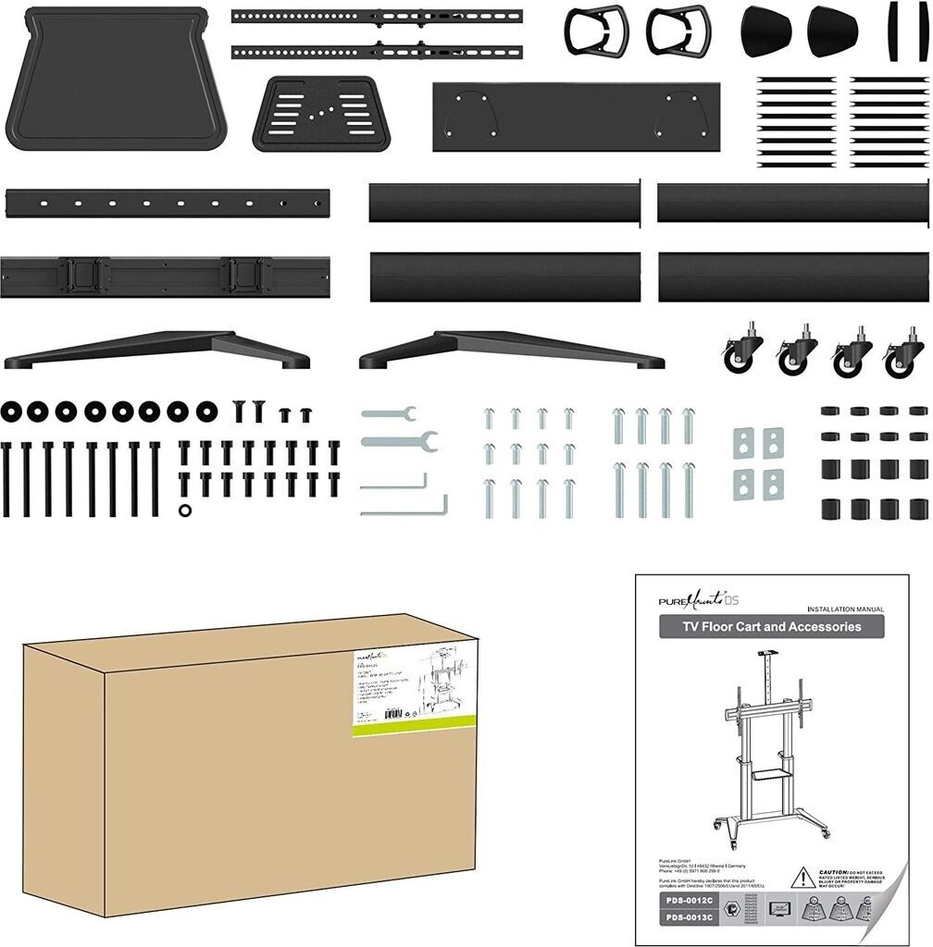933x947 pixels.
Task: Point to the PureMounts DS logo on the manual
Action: (700, 599)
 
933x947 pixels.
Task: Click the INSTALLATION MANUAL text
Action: (845, 609)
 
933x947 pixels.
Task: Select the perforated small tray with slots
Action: (320, 113)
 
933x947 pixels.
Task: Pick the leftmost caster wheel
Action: (742, 351)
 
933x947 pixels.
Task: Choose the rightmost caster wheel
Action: (904, 355)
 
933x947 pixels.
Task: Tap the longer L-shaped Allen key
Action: (404, 509)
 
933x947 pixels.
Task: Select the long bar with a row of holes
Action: (167, 203)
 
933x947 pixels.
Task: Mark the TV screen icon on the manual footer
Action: (779, 909)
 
